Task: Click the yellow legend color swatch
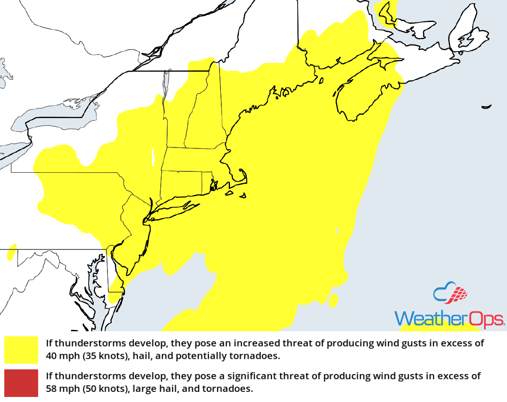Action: (x=21, y=350)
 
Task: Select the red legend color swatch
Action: (x=21, y=382)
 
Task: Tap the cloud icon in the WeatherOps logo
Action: (x=451, y=294)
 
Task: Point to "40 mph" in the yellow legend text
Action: (x=59, y=356)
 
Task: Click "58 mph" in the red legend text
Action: (x=59, y=389)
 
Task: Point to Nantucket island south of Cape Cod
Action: (x=242, y=196)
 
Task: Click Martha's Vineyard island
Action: (x=229, y=193)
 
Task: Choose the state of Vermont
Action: (x=177, y=119)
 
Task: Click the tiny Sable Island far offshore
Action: (x=486, y=107)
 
